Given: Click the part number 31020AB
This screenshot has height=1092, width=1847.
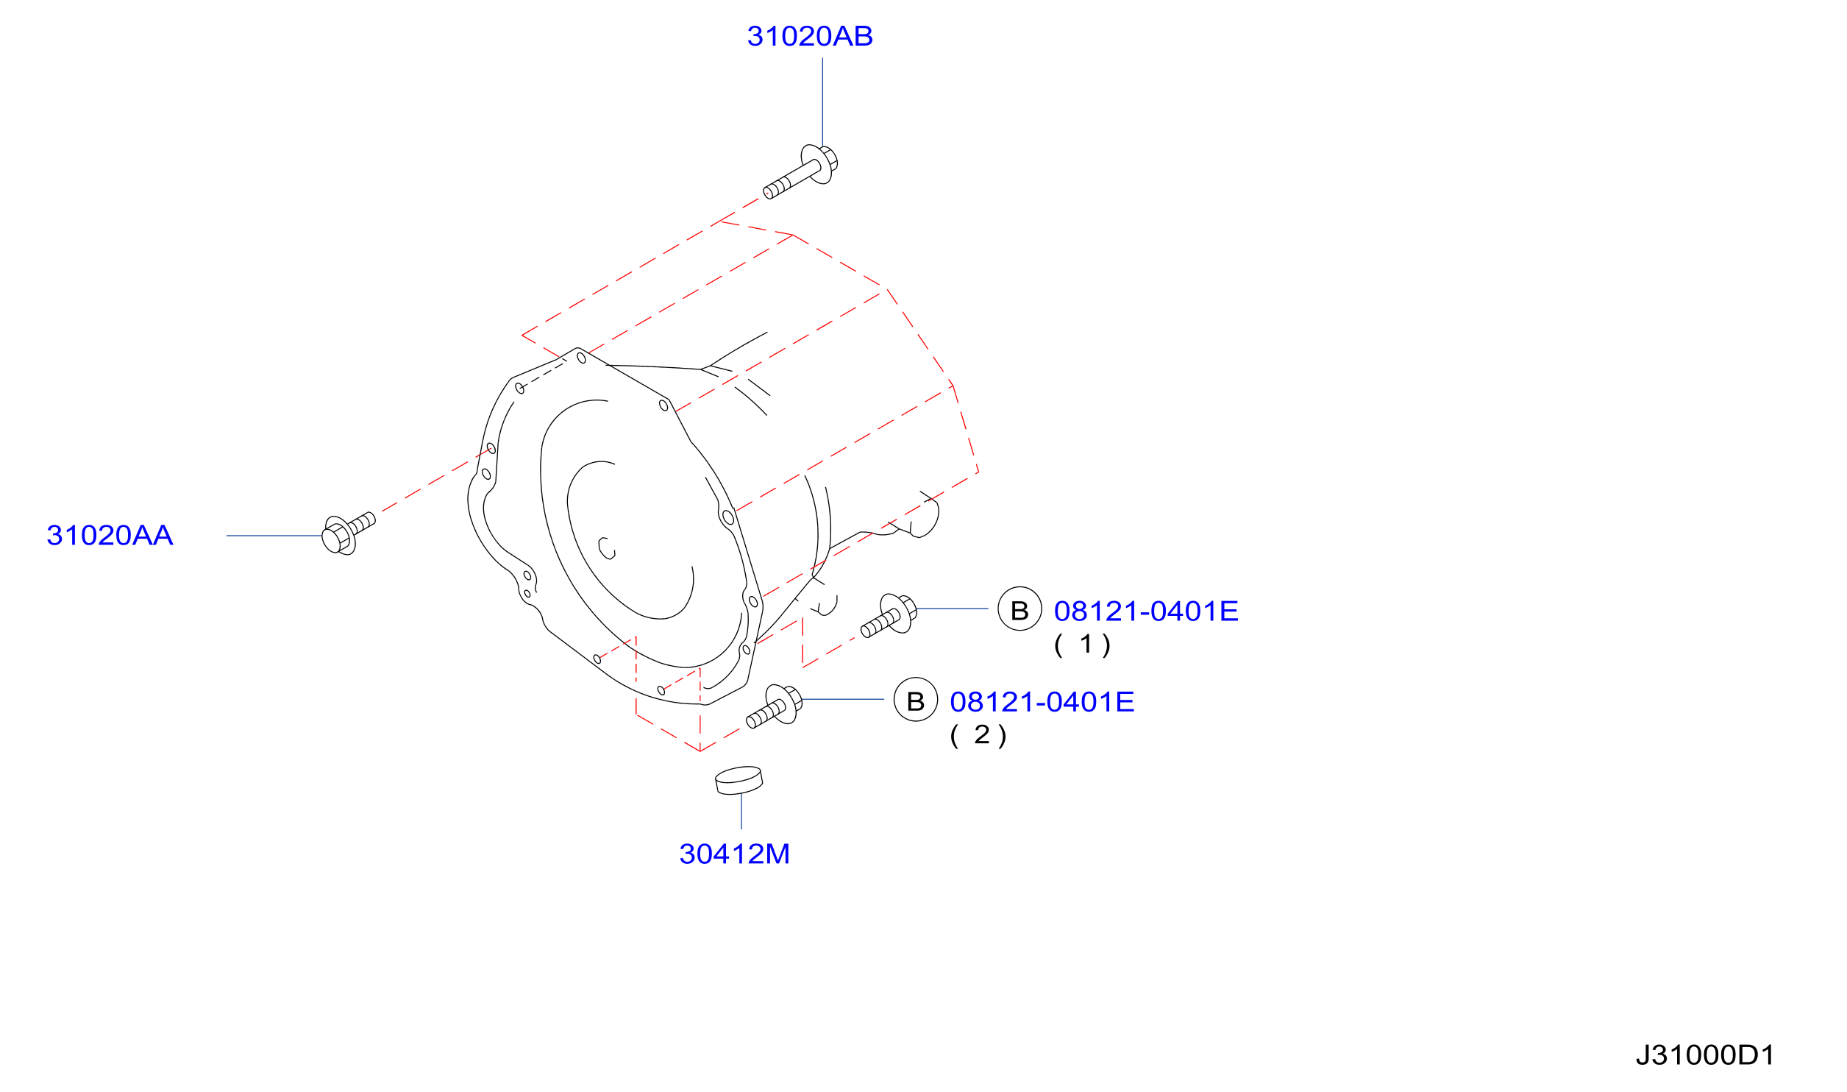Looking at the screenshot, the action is pos(809,36).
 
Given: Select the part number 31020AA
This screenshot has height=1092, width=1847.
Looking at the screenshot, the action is pos(110,535).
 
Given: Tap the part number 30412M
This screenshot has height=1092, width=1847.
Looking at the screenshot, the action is pos(734,854).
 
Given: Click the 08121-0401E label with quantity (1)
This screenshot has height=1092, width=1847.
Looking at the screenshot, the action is pos(1145,611).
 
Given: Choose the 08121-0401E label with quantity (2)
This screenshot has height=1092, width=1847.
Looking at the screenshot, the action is pos(1042,702).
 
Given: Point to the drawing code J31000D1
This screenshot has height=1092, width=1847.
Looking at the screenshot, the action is pos(1704,1055).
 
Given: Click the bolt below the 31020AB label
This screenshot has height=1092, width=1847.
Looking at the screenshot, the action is pos(800,171).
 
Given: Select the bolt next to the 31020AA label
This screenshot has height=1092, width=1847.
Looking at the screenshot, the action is pos(348,533).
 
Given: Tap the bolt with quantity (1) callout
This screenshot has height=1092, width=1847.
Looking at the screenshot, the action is pos(889,615).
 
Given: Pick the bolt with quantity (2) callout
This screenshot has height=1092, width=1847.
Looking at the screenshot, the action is pos(775,706).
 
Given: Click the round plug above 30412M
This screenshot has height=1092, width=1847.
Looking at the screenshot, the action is pos(739,781).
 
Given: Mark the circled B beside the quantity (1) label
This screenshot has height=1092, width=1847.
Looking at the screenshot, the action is pos(1019,609).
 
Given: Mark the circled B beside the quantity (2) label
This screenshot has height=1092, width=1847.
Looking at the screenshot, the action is pos(915,699).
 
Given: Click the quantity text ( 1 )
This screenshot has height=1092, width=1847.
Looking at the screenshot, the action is pos(1082,645).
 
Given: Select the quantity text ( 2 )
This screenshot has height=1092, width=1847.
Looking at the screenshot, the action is pos(978,735).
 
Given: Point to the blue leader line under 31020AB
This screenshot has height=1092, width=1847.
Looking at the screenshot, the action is pos(822,103).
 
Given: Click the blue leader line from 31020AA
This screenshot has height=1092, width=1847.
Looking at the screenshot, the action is pos(275,536).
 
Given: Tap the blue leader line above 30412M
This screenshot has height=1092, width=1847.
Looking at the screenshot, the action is pos(741,812).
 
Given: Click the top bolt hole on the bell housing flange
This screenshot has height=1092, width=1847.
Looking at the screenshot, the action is pos(581,358).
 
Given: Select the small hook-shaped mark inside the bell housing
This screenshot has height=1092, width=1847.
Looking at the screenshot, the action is pos(606,549).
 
